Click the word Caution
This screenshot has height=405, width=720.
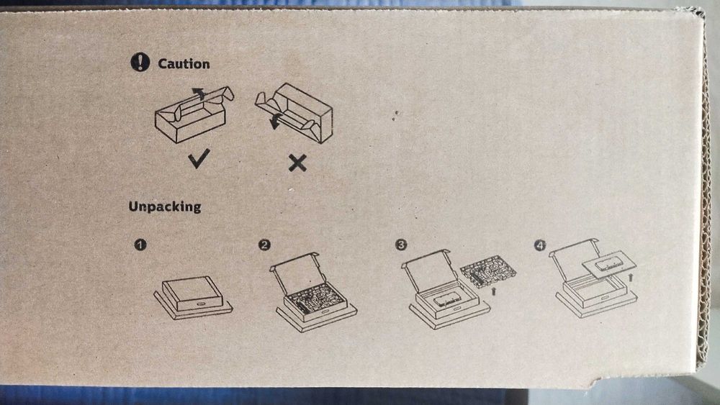[x=184, y=64]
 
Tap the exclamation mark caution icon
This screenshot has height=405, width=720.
[x=140, y=62]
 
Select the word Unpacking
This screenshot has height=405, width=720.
[x=165, y=206]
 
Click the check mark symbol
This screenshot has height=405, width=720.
[x=199, y=158]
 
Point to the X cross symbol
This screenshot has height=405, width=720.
[x=297, y=163]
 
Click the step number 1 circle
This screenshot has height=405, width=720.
[x=140, y=245]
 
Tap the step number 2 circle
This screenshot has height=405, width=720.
[x=264, y=245]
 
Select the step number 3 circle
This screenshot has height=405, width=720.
[x=401, y=245]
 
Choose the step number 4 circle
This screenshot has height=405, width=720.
[x=540, y=246]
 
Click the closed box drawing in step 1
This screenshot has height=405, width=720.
[x=193, y=297]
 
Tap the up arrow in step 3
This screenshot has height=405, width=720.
[x=494, y=291]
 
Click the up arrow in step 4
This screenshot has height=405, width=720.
[x=631, y=276]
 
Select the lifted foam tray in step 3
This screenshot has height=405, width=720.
[x=487, y=271]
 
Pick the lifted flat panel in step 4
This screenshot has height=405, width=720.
[x=609, y=265]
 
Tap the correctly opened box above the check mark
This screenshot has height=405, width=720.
[x=194, y=114]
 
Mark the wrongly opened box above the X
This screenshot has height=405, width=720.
[x=294, y=113]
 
